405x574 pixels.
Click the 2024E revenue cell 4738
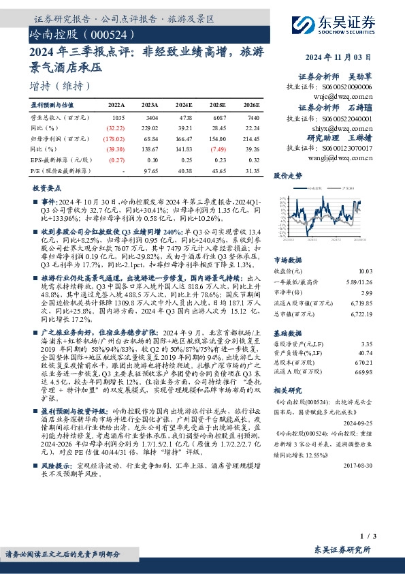pos(184,117)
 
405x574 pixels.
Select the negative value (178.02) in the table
pos(115,138)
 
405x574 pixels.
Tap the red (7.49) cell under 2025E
pos(218,149)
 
